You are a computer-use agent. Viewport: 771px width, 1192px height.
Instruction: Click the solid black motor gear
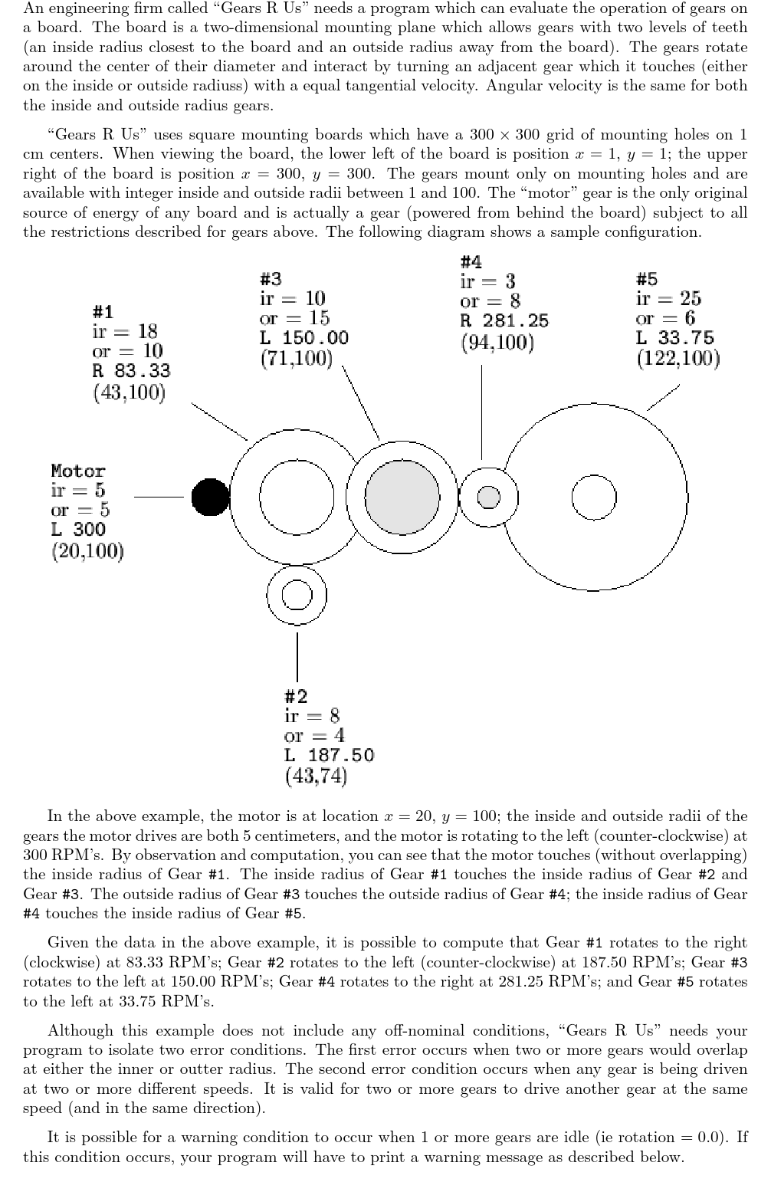pyautogui.click(x=210, y=497)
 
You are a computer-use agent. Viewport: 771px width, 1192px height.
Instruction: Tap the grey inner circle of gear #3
pyautogui.click(x=402, y=497)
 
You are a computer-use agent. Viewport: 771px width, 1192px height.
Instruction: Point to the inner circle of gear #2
pyautogui.click(x=297, y=595)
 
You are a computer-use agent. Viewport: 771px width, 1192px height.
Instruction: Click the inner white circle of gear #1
pyautogui.click(x=297, y=497)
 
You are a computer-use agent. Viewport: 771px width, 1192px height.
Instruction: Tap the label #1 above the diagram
pyautogui.click(x=103, y=312)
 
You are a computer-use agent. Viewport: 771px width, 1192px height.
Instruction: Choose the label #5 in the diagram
pyautogui.click(x=647, y=279)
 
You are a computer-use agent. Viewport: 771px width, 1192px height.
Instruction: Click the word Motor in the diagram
pyautogui.click(x=78, y=471)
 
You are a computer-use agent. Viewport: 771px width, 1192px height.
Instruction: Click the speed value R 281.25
pyautogui.click(x=504, y=321)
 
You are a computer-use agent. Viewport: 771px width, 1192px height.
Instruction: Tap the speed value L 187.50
pyautogui.click(x=329, y=755)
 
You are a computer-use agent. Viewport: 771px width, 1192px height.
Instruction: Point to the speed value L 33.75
pyautogui.click(x=674, y=338)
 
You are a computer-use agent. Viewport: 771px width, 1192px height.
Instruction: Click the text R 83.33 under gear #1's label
pyautogui.click(x=131, y=371)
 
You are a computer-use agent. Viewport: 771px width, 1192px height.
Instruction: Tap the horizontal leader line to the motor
pyautogui.click(x=159, y=497)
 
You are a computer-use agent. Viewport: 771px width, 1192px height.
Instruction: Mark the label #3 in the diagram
pyautogui.click(x=271, y=279)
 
